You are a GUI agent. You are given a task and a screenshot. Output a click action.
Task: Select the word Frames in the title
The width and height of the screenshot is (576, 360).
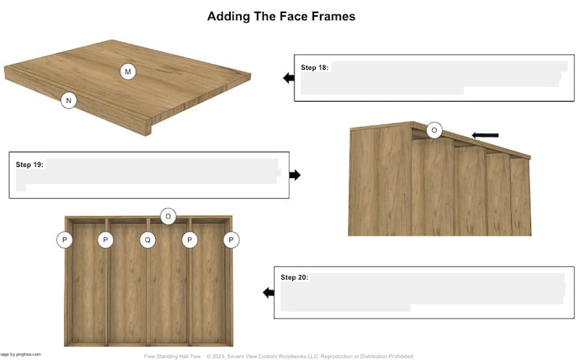tap(332, 16)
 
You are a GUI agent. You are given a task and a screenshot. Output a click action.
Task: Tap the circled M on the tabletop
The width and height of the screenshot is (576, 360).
tap(128, 71)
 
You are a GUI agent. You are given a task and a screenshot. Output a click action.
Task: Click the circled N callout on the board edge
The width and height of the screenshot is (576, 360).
tap(67, 101)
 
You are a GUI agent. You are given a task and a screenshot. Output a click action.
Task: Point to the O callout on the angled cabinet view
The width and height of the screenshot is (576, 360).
tap(434, 131)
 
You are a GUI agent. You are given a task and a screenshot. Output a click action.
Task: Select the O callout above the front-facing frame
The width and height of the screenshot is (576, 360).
tap(168, 216)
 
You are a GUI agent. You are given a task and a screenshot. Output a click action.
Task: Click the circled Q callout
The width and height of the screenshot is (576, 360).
tap(147, 240)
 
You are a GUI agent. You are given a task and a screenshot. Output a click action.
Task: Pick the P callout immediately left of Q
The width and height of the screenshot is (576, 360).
tap(105, 240)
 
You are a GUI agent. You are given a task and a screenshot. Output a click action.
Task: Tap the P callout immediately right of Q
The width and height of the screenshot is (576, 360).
tap(189, 240)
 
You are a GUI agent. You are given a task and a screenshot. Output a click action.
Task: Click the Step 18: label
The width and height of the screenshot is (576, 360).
tap(315, 67)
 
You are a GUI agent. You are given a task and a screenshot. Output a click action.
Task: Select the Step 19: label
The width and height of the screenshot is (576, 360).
tap(30, 165)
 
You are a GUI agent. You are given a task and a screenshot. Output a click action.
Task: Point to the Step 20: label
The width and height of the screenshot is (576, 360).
tap(295, 278)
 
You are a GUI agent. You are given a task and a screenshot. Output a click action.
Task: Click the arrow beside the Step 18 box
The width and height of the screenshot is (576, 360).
tap(288, 78)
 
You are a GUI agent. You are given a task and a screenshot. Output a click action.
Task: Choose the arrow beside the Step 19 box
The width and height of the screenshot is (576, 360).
tap(295, 175)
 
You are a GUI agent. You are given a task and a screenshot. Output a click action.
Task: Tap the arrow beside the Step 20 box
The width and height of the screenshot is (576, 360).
tap(268, 292)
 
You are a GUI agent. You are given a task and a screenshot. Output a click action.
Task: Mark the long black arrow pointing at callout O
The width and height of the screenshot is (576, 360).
tap(485, 135)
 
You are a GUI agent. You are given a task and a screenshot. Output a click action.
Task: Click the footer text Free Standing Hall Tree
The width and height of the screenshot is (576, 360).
tap(172, 356)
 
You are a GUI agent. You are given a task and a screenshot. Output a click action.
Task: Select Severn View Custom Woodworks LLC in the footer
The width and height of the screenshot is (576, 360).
tap(276, 356)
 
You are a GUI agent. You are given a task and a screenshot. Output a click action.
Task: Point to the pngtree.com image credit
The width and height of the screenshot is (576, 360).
tap(26, 354)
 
